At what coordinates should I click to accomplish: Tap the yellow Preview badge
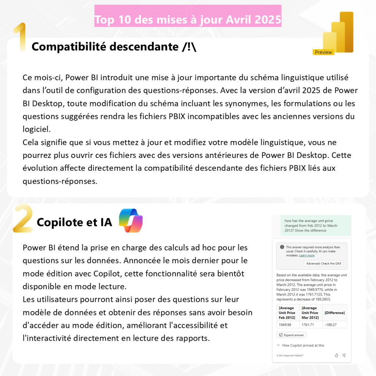pyautogui.click(x=323, y=52)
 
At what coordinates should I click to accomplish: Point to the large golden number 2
pyautogui.click(x=23, y=219)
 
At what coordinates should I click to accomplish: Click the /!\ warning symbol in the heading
pyautogui.click(x=189, y=47)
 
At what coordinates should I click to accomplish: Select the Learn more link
pyautogui.click(x=307, y=256)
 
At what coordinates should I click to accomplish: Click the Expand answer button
pyautogui.click(x=291, y=335)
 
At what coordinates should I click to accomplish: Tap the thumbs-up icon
pyautogui.click(x=336, y=355)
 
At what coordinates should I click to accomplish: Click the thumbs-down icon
pyautogui.click(x=344, y=355)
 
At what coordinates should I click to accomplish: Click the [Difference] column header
pyautogui.click(x=335, y=313)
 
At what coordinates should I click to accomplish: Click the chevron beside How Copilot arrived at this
pyautogui.click(x=279, y=346)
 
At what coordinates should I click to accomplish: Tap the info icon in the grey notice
pyautogui.click(x=282, y=247)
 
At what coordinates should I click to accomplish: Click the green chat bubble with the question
pyautogui.click(x=311, y=225)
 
